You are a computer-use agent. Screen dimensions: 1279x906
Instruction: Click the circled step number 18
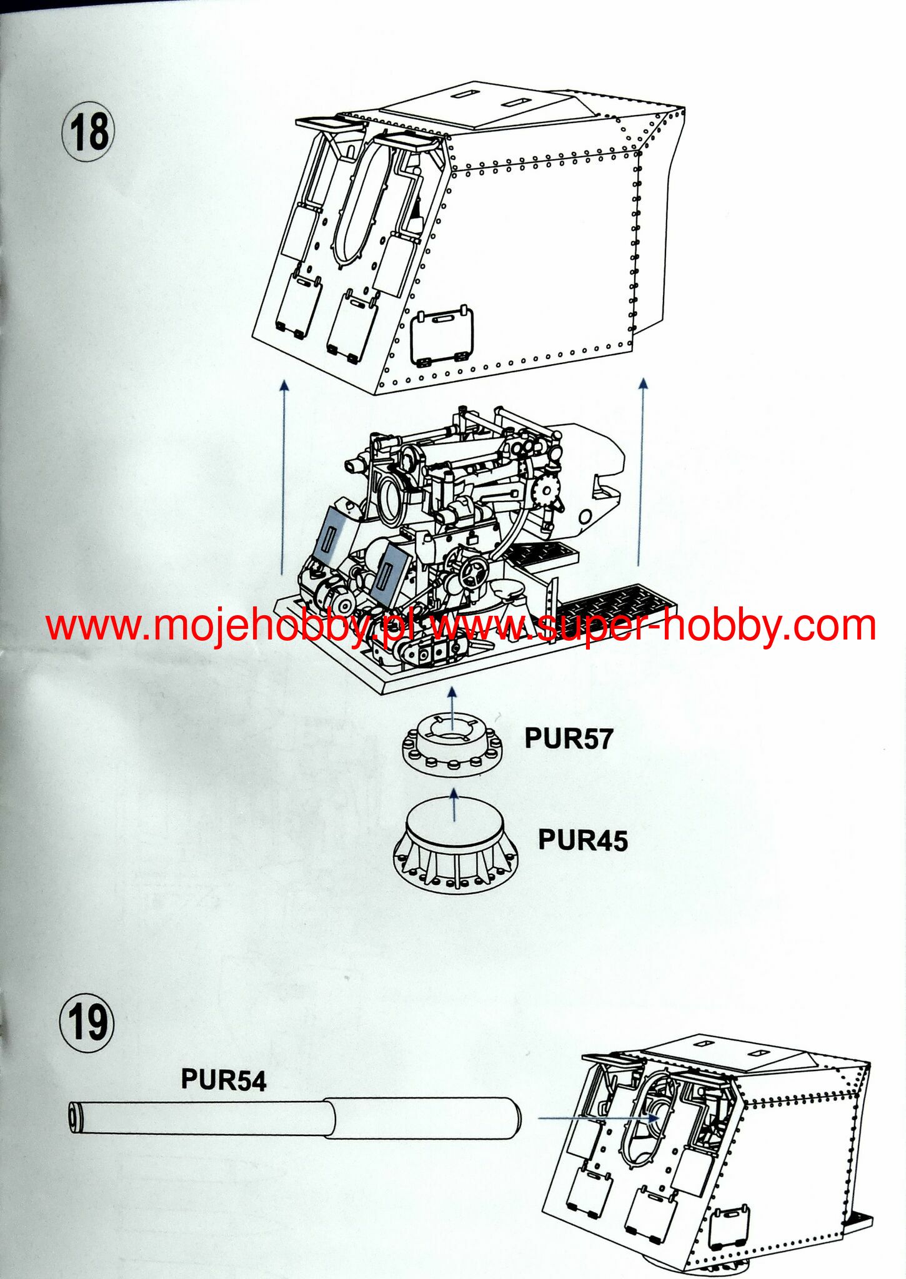point(88,133)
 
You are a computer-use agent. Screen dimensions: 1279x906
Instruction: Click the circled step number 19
point(87,1022)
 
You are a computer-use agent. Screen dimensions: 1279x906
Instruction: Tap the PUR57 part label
point(568,738)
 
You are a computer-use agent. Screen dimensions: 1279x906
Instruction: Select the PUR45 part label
point(582,840)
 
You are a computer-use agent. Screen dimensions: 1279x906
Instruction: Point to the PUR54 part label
point(223,1079)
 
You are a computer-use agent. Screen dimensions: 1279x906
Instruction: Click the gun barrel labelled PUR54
point(294,1118)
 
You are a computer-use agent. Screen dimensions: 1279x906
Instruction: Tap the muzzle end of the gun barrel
point(75,1116)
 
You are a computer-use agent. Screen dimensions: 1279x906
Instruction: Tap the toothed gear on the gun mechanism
point(547,490)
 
